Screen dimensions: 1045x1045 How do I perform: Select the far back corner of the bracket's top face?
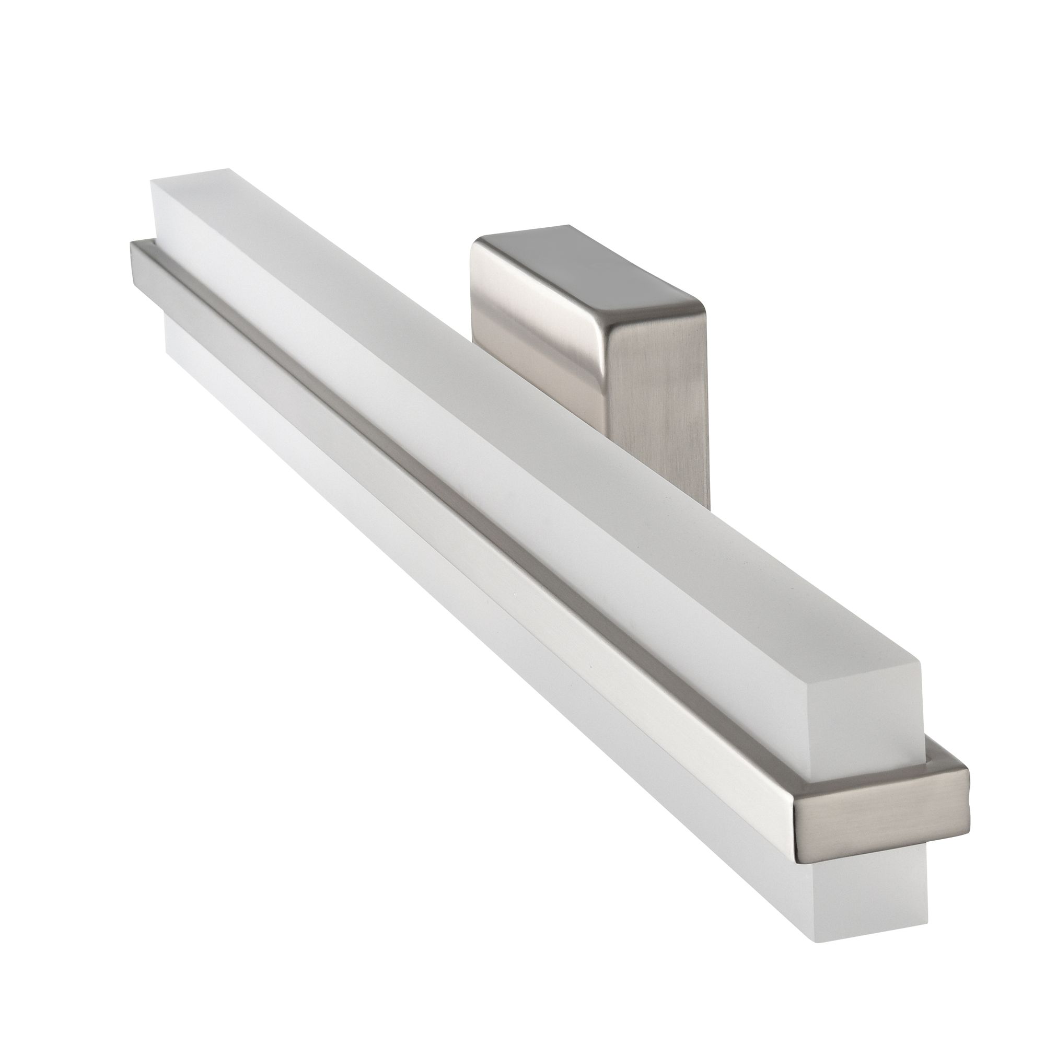tap(568, 226)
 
